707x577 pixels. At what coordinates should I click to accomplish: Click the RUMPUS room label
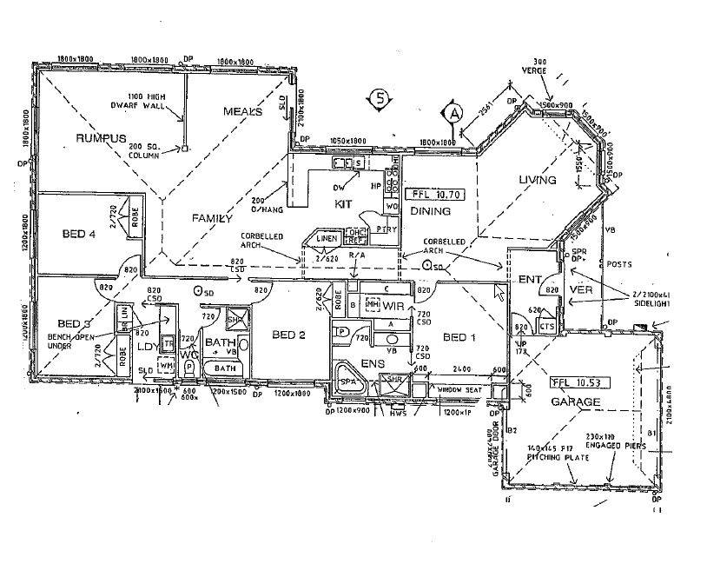point(101,139)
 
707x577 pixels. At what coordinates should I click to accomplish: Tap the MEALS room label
point(242,111)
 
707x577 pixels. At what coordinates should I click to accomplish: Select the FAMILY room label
point(212,219)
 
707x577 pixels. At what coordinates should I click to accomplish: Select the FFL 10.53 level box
point(575,382)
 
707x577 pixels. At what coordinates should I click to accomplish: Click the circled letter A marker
point(453,112)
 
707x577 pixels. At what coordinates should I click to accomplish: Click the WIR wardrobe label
point(393,307)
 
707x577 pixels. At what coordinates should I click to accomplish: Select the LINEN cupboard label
point(326,238)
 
